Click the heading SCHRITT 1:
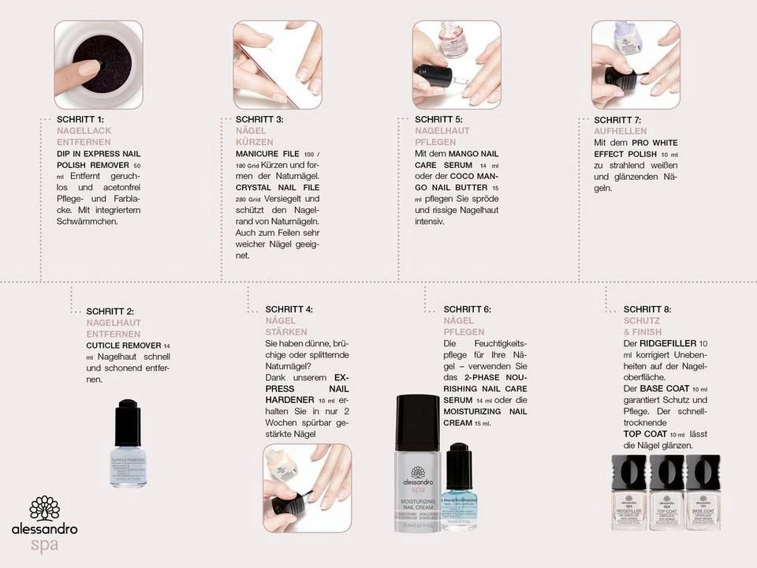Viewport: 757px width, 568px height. [x=80, y=119]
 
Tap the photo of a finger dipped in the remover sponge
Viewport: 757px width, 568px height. [x=98, y=65]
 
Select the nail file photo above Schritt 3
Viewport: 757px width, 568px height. [x=277, y=65]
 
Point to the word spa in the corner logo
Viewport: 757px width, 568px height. [x=44, y=545]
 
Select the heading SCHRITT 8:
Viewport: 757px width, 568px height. [x=647, y=309]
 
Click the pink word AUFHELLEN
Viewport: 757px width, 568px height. [x=621, y=131]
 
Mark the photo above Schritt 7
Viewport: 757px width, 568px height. [x=635, y=65]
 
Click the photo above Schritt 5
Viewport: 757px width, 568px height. [x=456, y=65]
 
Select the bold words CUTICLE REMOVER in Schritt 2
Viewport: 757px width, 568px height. [x=123, y=346]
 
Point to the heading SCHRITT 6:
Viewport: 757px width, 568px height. [x=467, y=309]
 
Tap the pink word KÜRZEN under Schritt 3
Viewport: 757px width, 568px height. [x=253, y=141]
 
